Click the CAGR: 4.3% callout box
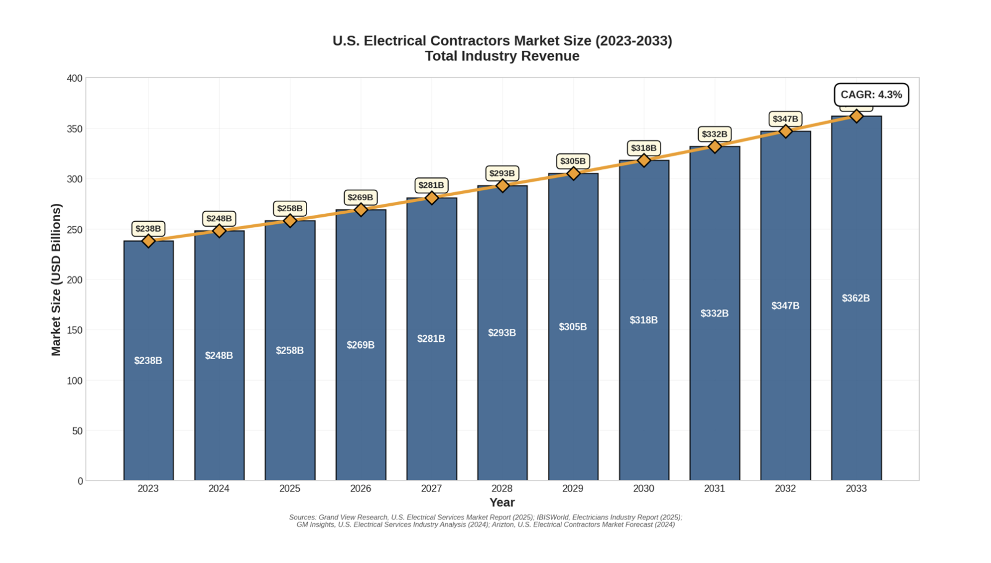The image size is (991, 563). click(870, 95)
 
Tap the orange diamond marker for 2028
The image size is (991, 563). click(502, 186)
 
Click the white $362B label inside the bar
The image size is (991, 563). click(856, 298)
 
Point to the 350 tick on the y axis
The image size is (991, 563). click(74, 129)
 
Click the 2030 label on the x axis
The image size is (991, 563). click(643, 489)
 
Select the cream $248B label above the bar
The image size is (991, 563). click(219, 218)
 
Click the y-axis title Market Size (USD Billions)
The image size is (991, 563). click(56, 280)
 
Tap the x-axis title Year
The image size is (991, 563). click(501, 502)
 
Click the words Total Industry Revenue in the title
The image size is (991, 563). click(501, 56)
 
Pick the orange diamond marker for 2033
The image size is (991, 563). click(856, 116)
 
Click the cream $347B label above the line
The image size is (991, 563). click(785, 119)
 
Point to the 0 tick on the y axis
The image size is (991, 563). click(80, 481)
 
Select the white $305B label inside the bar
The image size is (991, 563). click(573, 327)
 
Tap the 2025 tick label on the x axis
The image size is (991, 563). click(289, 489)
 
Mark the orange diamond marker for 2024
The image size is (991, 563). click(219, 231)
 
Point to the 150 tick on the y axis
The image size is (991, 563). click(74, 330)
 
